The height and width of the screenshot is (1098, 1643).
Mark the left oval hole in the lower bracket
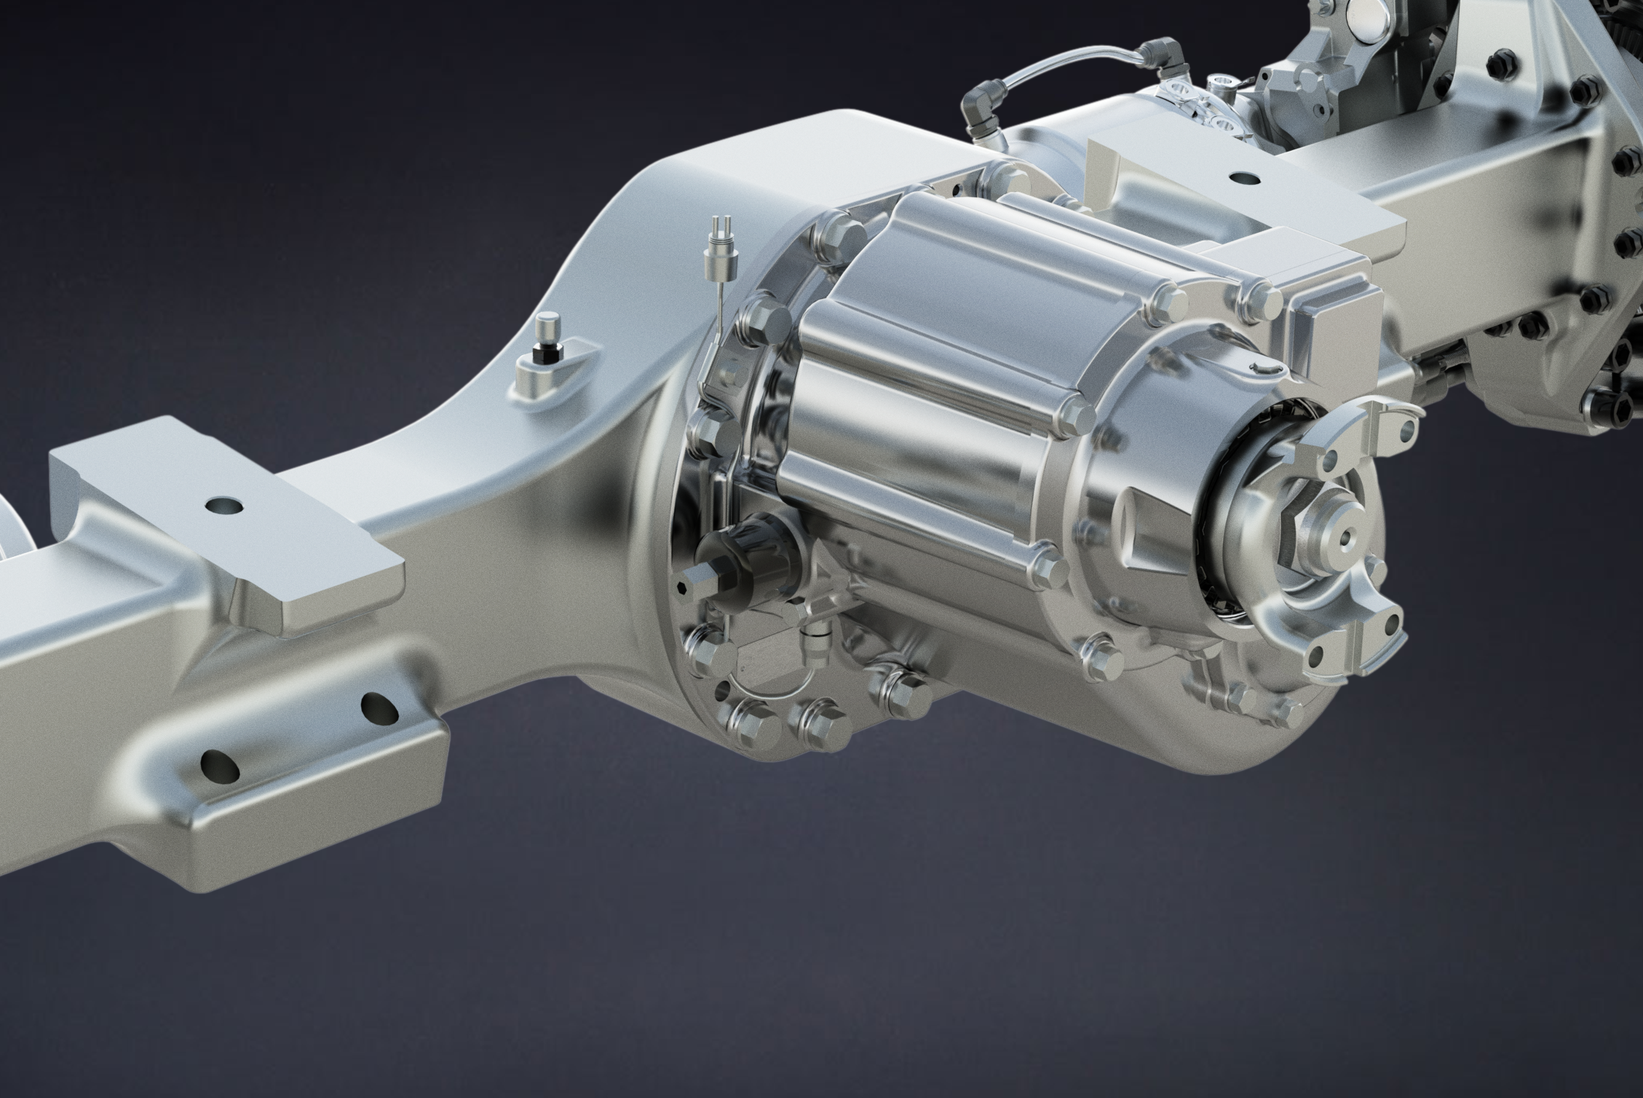click(x=217, y=766)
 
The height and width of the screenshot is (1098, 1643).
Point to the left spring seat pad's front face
click(x=340, y=602)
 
